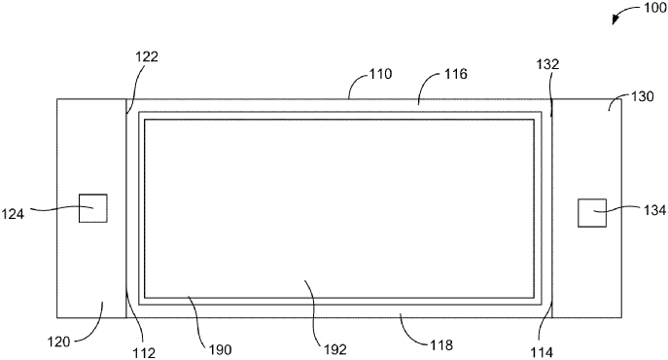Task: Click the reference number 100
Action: click(x=647, y=10)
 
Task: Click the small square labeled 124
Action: click(x=92, y=208)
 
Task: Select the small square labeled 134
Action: click(x=592, y=212)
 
